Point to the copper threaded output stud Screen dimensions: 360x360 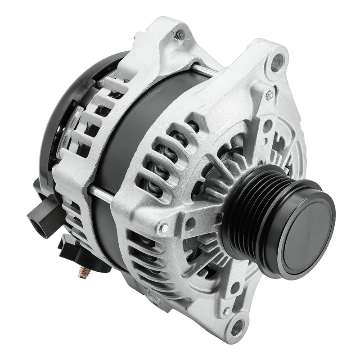tap(84, 272)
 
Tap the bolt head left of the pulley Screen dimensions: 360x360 tap(162, 228)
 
